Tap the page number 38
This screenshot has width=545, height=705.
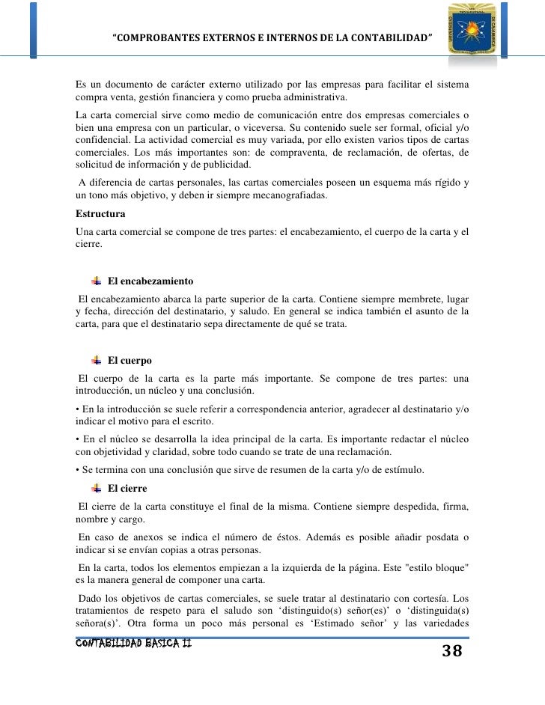(x=451, y=650)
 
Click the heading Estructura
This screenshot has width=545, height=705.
(x=100, y=214)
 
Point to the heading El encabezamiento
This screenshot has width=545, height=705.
(x=150, y=281)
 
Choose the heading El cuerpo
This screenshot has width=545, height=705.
(x=130, y=361)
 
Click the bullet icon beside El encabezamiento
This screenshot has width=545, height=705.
(x=96, y=281)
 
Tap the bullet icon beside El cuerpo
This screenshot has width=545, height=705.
(x=96, y=361)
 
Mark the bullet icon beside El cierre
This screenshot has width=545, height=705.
(x=96, y=489)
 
